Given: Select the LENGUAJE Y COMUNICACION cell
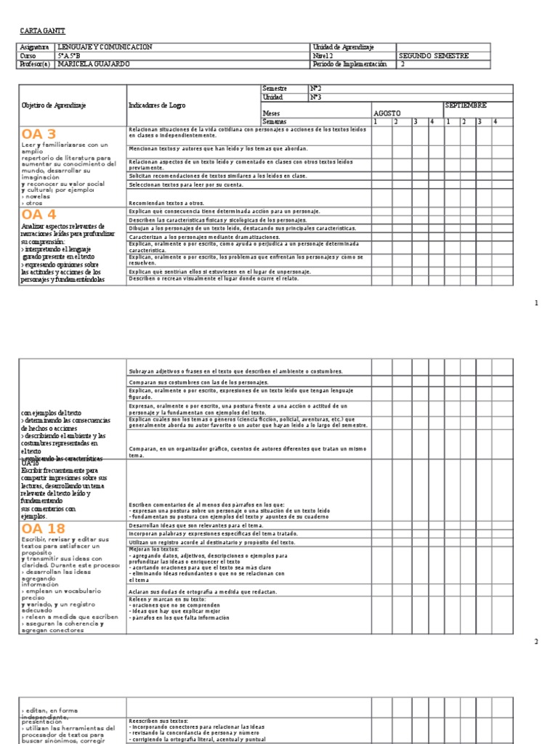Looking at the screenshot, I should pyautogui.click(x=105, y=46).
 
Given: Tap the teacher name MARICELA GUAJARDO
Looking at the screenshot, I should pyautogui.click(x=95, y=64).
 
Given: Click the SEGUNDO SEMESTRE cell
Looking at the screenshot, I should pyautogui.click(x=434, y=55).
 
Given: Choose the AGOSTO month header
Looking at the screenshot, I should pyautogui.click(x=387, y=113).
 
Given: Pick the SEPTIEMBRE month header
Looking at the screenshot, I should pyautogui.click(x=466, y=105).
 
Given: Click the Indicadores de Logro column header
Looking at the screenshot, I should pyautogui.click(x=157, y=105).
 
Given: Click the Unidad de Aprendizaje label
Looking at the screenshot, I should pyautogui.click(x=343, y=46).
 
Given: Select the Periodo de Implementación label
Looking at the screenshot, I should pyautogui.click(x=349, y=64).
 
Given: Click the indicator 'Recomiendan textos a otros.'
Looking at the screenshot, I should pyautogui.click(x=166, y=203).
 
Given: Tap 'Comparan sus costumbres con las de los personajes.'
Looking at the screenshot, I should pyautogui.click(x=198, y=381).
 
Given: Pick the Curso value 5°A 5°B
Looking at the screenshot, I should pyautogui.click(x=70, y=55).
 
